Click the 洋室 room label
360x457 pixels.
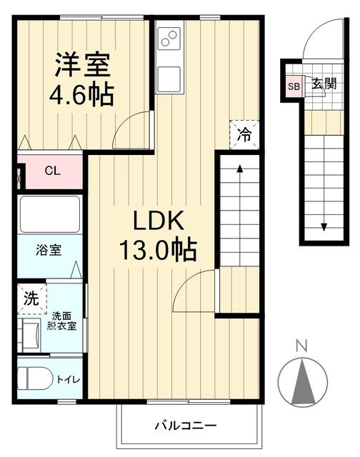point(83,65)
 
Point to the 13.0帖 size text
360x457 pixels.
point(156,250)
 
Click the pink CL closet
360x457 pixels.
point(52,171)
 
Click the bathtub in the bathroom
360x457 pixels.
point(49,214)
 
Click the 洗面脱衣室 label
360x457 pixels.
point(62,319)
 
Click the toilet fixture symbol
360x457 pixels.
point(35,376)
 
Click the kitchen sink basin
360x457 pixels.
point(170,75)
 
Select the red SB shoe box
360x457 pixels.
point(294,86)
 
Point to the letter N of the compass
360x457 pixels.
point(301,347)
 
